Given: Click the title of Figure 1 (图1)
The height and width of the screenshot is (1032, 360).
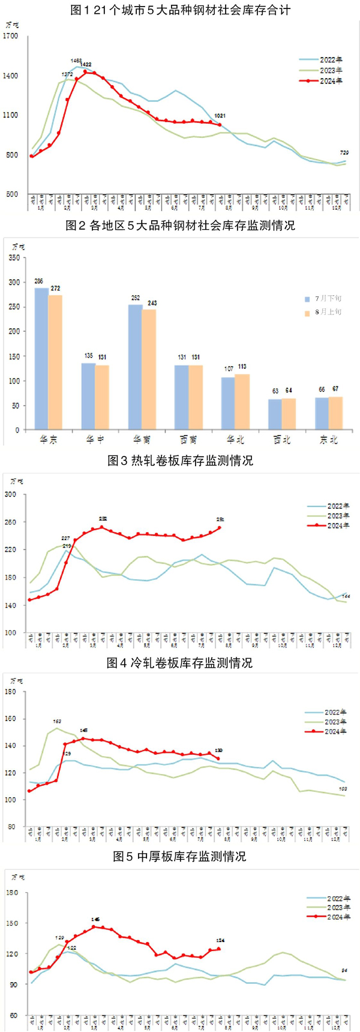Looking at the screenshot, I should point(180,11).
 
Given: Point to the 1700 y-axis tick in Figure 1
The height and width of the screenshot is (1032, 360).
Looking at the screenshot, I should point(11,36).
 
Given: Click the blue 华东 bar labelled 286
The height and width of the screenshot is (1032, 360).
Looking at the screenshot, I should point(41,359).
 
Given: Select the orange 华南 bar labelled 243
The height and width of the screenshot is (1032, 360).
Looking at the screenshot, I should point(149,370).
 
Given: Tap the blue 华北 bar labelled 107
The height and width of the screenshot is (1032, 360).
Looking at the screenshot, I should point(229,403).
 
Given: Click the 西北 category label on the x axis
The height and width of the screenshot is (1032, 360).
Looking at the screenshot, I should point(281,440).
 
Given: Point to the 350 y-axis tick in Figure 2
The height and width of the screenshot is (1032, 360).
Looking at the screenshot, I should point(14,258).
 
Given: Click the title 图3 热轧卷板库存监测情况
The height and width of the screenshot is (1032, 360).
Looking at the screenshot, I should point(180,460).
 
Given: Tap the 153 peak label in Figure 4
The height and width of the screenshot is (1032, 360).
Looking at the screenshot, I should point(57,721).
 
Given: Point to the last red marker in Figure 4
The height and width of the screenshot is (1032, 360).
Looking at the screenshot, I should point(218,759).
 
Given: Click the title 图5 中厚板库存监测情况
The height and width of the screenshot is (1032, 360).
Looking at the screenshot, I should point(180,856).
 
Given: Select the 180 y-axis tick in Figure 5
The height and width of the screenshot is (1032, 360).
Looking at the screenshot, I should point(13,893).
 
